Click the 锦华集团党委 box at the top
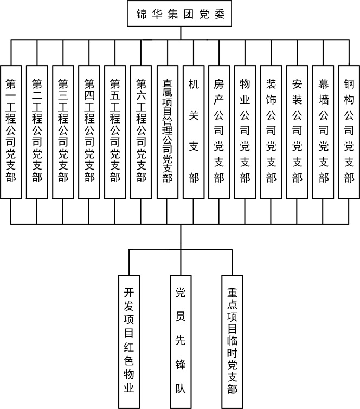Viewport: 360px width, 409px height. (x=180, y=14)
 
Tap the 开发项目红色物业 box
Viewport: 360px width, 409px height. (x=128, y=341)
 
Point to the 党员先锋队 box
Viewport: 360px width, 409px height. (x=181, y=341)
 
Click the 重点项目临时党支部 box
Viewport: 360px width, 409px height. (x=232, y=341)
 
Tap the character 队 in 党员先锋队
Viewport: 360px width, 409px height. (x=181, y=388)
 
